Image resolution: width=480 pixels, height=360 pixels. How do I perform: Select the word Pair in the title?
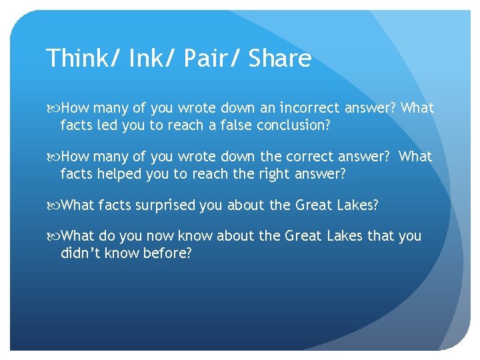tap(201, 59)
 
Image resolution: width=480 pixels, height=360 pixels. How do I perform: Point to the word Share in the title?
tap(280, 59)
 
